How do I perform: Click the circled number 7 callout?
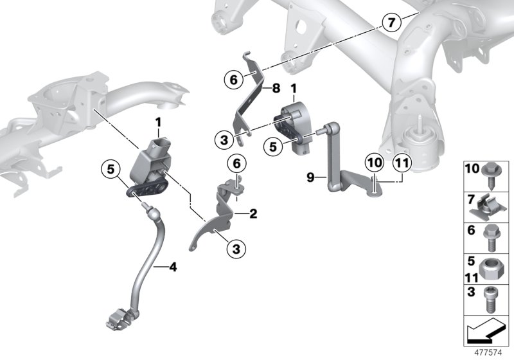pos(389,22)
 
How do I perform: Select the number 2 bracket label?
pos(253,213)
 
